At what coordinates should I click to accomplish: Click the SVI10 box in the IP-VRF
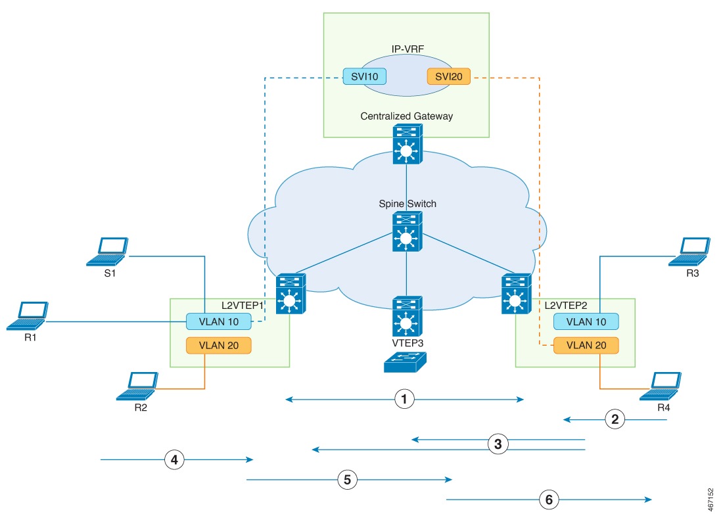click(x=364, y=76)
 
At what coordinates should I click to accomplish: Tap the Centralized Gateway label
click(x=406, y=116)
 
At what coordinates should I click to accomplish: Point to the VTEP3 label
click(x=407, y=342)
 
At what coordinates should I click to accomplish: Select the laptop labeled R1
click(x=28, y=315)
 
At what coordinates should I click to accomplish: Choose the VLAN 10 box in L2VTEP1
click(x=218, y=321)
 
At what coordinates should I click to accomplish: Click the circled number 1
click(x=406, y=399)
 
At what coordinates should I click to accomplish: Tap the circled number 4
click(x=174, y=460)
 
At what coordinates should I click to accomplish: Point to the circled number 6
click(x=549, y=499)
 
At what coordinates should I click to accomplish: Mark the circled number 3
click(x=498, y=444)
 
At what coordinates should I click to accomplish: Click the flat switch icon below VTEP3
click(x=406, y=362)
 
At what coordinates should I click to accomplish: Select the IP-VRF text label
click(x=406, y=49)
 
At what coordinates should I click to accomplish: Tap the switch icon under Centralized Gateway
click(x=406, y=144)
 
